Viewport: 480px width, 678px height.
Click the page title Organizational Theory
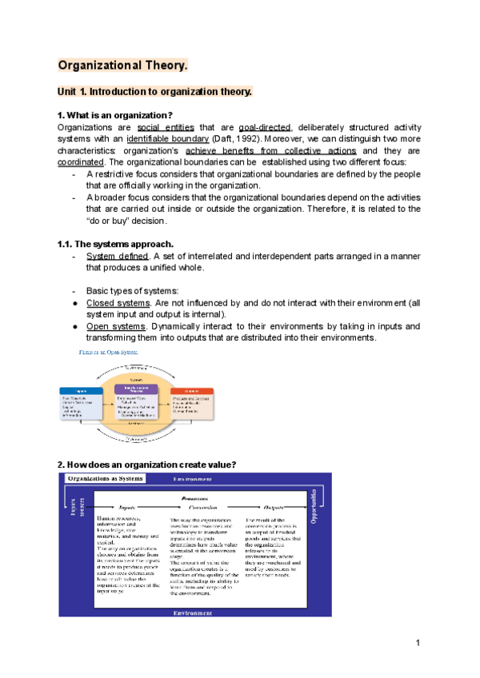pos(123,65)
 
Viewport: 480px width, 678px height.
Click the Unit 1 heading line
pos(155,92)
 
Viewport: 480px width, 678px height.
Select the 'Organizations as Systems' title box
pos(106,478)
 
